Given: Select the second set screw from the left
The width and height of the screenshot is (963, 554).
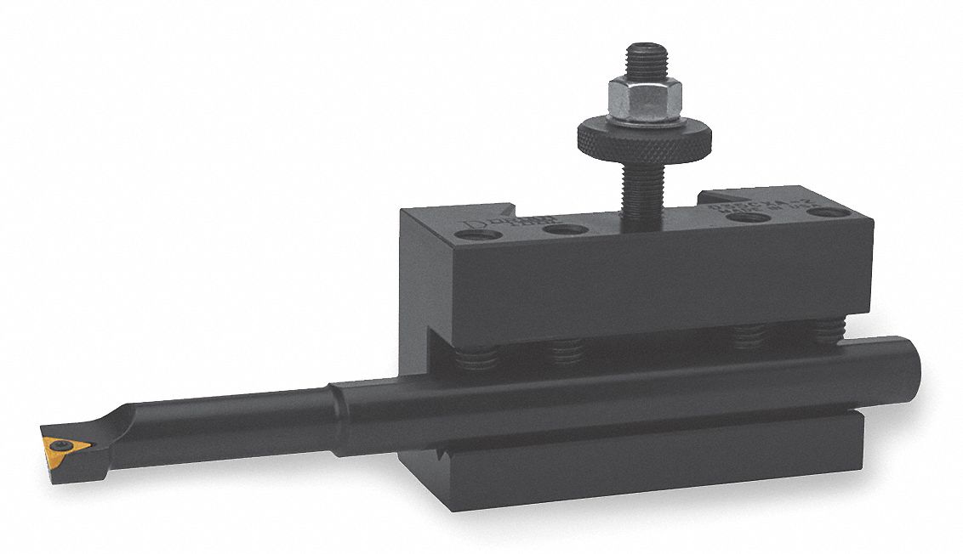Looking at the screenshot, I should tap(566, 348).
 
